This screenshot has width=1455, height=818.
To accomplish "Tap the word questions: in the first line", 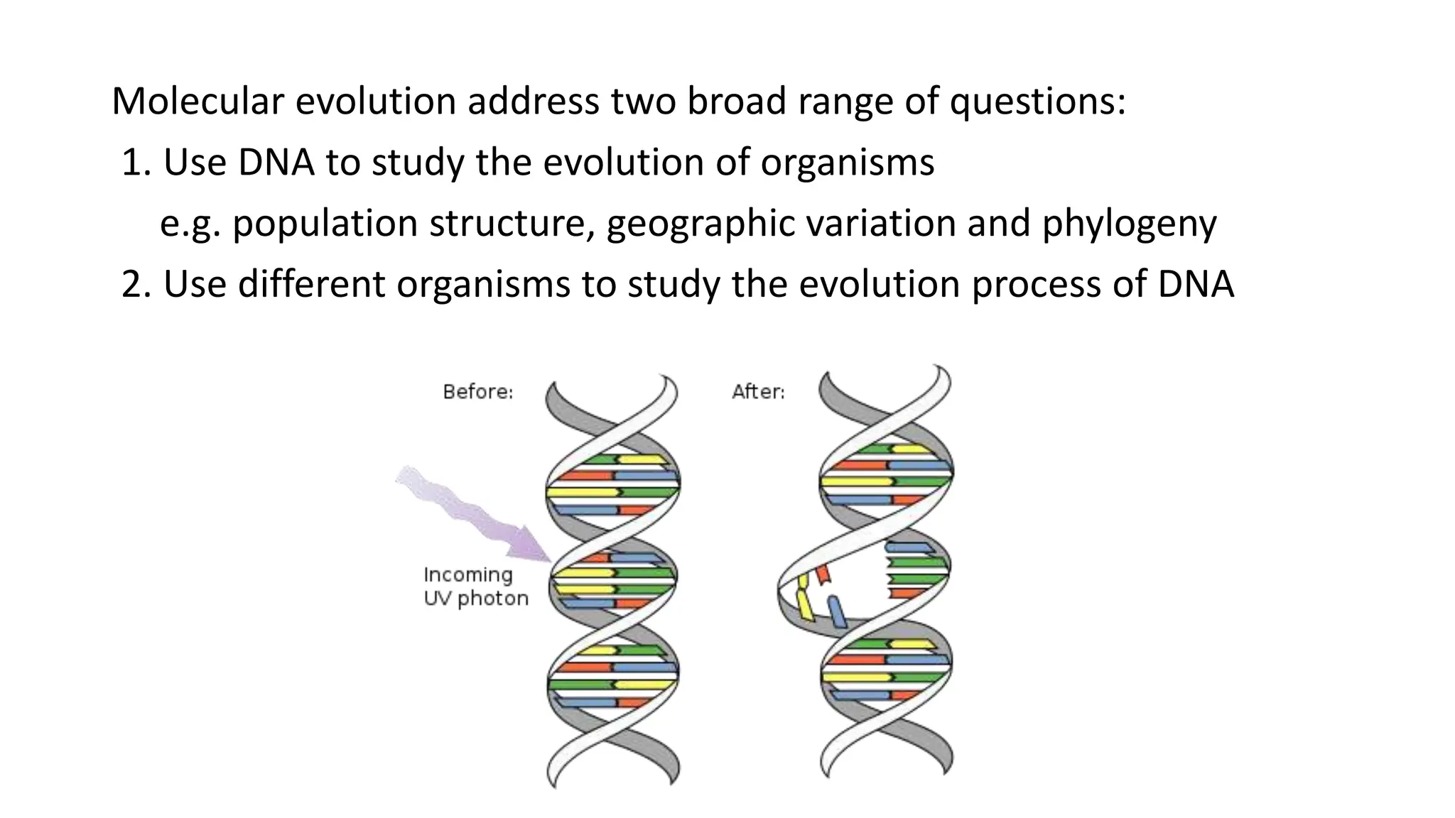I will (x=1038, y=101).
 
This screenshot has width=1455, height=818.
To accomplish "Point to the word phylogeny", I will (x=1129, y=224).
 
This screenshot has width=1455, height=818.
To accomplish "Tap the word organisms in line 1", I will (x=847, y=162).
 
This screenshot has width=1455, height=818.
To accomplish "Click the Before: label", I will (x=477, y=392).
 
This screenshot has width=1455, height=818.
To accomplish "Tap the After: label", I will (x=758, y=392).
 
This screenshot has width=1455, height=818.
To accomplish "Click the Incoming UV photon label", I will (x=476, y=587).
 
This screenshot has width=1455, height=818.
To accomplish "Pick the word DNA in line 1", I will (x=276, y=162).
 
